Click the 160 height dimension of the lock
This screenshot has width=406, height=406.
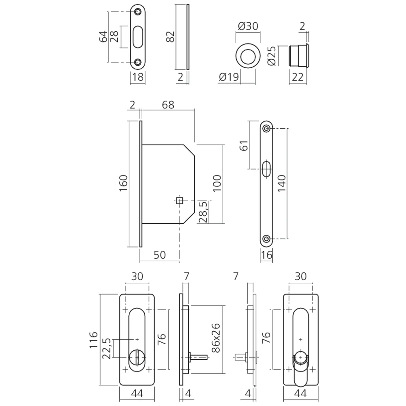click(x=124, y=184)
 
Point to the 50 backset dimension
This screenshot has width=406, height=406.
click(x=160, y=255)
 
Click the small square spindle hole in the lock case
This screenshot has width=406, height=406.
click(x=179, y=200)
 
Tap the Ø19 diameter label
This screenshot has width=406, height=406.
click(x=227, y=77)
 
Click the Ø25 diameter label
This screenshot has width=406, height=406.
click(x=272, y=56)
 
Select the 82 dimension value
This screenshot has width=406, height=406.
click(x=171, y=37)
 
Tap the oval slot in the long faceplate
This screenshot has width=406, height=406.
click(x=266, y=168)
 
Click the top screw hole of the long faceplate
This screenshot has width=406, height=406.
click(x=266, y=129)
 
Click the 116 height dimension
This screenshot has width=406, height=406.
click(x=93, y=340)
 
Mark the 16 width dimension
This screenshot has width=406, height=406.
click(x=266, y=255)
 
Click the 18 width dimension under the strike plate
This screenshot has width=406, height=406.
click(x=138, y=77)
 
